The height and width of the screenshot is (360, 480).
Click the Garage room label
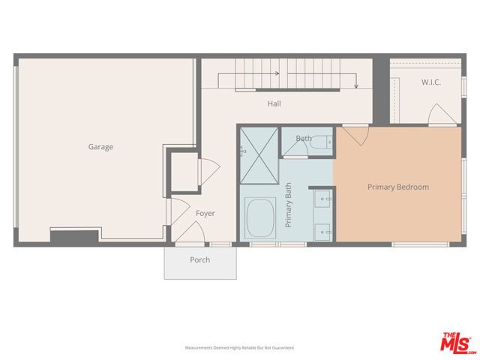coord(100,147)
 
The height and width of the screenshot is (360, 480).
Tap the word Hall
coord(274,103)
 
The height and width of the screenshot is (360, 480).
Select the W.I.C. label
coord(430,82)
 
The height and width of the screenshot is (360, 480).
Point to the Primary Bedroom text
coord(397,187)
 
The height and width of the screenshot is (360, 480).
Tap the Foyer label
coord(205,214)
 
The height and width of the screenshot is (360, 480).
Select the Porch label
coord(199,260)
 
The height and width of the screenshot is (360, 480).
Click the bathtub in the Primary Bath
coord(260,218)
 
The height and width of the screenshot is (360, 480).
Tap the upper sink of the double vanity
coord(324,199)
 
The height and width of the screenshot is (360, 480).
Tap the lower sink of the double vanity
coord(324,230)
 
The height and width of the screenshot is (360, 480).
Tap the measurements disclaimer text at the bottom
coord(239,348)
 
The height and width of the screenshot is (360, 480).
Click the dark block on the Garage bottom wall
coord(73,236)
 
